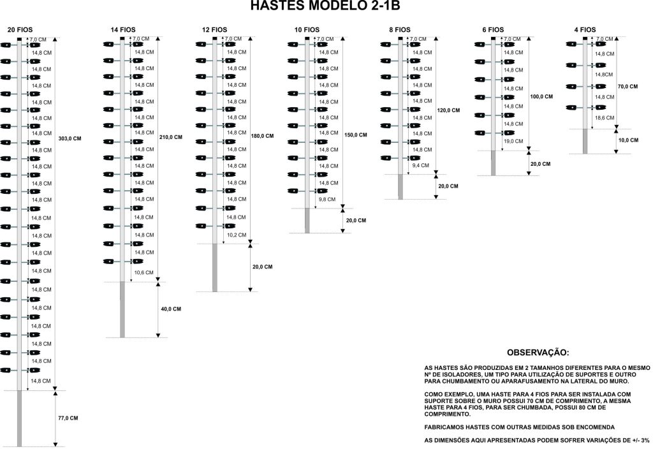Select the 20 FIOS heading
click(18, 30)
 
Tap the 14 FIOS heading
click(123, 30)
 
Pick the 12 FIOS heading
click(214, 30)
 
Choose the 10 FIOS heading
click(307, 30)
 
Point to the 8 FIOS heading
click(400, 30)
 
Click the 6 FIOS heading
click(492, 30)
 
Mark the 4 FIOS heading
click(584, 30)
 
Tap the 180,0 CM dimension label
click(263, 136)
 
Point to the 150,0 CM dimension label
click(356, 135)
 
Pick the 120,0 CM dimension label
click(449, 110)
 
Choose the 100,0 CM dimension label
click(541, 96)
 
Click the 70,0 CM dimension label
click(628, 86)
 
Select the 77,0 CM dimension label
click(68, 418)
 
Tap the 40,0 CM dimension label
click(171, 309)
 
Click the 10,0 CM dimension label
click(628, 140)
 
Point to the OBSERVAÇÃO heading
click(537, 353)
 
